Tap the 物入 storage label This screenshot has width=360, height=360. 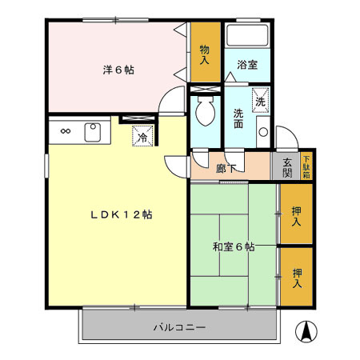205,54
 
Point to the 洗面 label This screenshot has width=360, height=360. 239,118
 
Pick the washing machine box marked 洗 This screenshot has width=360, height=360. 261,101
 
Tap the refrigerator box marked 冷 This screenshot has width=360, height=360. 142,137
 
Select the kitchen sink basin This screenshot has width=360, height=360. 92,131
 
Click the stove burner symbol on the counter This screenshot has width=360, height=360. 65,131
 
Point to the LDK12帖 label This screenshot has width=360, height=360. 121,214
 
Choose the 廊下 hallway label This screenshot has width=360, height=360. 226,168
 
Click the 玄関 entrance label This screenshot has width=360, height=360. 287,167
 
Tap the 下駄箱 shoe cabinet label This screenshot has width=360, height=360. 306,167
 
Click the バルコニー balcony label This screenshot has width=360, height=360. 180,327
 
